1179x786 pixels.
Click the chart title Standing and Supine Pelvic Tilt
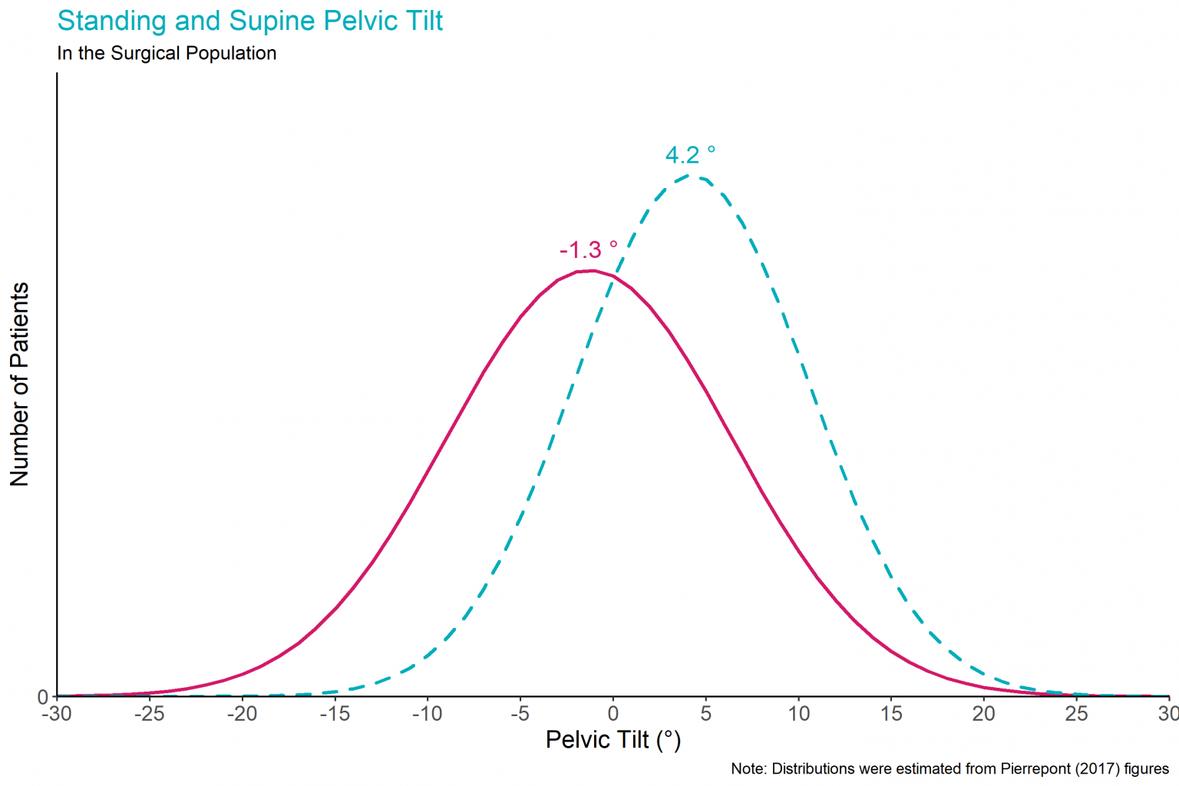pos(250,21)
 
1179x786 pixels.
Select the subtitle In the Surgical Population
pos(167,54)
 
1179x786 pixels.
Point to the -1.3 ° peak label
pos(588,250)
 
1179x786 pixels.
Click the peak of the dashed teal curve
pos(692,176)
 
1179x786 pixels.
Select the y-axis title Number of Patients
pos(19,384)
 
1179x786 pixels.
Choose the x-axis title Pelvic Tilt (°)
pos(613,740)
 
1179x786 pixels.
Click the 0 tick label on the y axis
pos(43,697)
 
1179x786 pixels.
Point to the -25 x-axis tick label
pos(149,714)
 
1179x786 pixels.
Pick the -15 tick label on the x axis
pos(334,714)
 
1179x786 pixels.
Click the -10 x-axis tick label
pos(427,714)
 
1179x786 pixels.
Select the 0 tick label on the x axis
pos(613,714)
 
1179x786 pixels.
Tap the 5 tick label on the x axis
pos(705,714)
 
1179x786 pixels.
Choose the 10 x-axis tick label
pos(798,714)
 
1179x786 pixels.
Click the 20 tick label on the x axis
pos(983,714)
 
